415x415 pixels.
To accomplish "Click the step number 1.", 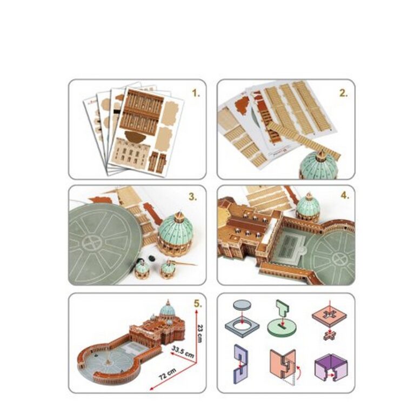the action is click(196, 93).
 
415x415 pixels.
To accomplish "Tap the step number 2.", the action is click(343, 93).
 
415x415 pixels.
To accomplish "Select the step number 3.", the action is click(193, 197).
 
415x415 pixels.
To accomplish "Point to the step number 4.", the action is click(345, 196).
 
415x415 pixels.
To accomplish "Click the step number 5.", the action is click(198, 304).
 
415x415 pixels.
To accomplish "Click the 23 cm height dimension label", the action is click(200, 334).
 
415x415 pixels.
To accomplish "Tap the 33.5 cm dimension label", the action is click(183, 351).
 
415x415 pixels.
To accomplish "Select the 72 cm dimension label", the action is click(168, 374).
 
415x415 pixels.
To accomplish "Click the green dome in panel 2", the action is click(318, 165).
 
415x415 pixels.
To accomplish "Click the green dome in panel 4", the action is click(308, 206).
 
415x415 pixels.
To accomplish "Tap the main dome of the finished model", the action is click(168, 310).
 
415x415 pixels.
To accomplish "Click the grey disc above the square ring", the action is click(242, 305).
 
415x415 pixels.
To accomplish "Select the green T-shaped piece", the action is click(283, 309).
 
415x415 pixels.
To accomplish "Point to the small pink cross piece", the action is click(330, 336).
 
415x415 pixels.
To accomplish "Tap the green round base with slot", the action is click(282, 327).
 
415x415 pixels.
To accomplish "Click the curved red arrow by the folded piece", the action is click(299, 372).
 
